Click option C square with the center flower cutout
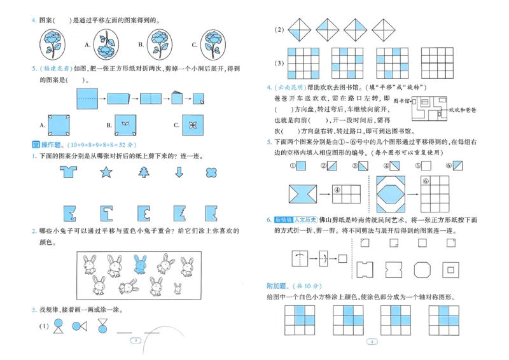click(x=191, y=123)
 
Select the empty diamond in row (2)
click(x=383, y=30)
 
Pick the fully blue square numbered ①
click(x=303, y=167)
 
